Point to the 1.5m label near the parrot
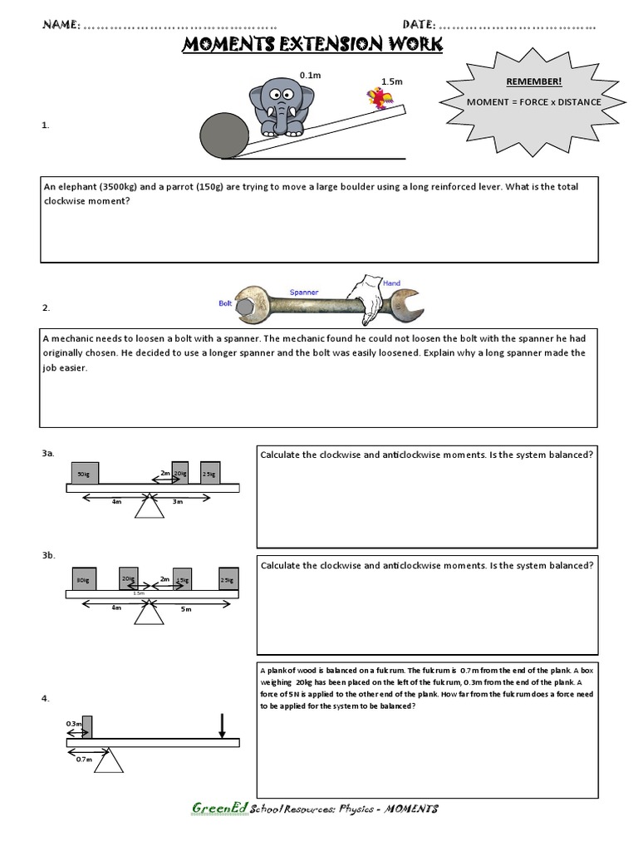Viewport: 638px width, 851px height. [391, 81]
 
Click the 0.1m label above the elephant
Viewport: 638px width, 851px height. [311, 75]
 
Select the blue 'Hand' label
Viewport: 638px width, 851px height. [390, 283]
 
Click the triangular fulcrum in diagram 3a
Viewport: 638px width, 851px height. [149, 505]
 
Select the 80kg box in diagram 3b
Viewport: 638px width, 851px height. [82, 579]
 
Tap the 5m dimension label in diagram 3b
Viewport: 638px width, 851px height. [186, 608]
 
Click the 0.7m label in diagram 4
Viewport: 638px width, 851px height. [83, 758]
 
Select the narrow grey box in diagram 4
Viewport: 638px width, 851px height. [87, 726]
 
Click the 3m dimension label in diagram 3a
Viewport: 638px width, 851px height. [176, 502]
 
